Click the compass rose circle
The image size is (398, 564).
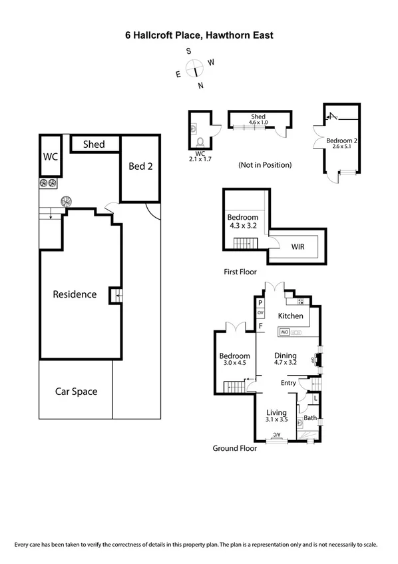tap(195, 68)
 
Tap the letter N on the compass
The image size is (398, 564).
tap(200, 85)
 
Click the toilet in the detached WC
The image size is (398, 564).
tap(201, 141)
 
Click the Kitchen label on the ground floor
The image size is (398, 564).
tap(291, 316)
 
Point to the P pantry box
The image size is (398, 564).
tap(260, 302)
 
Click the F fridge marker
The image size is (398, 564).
tap(260, 326)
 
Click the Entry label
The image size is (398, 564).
tap(288, 383)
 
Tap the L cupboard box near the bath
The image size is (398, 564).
tap(315, 398)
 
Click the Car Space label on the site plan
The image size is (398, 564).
tap(76, 392)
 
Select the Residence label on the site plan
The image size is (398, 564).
tap(75, 294)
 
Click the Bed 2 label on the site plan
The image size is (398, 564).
tap(140, 166)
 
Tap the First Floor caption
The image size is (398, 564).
tap(240, 272)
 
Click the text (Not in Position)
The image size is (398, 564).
tap(265, 164)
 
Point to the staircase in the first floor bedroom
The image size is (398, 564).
tap(244, 244)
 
